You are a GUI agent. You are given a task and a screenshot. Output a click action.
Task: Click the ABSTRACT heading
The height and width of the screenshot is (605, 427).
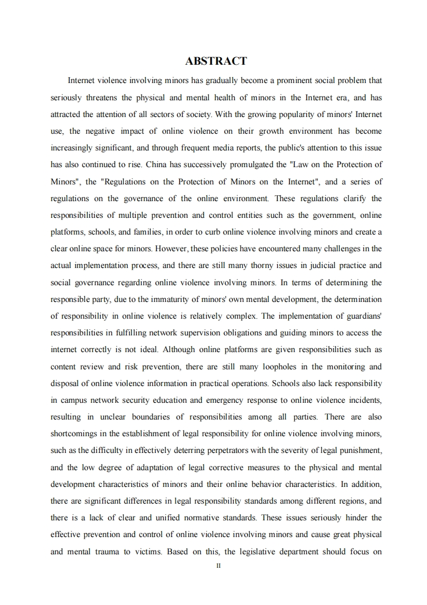(215, 61)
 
